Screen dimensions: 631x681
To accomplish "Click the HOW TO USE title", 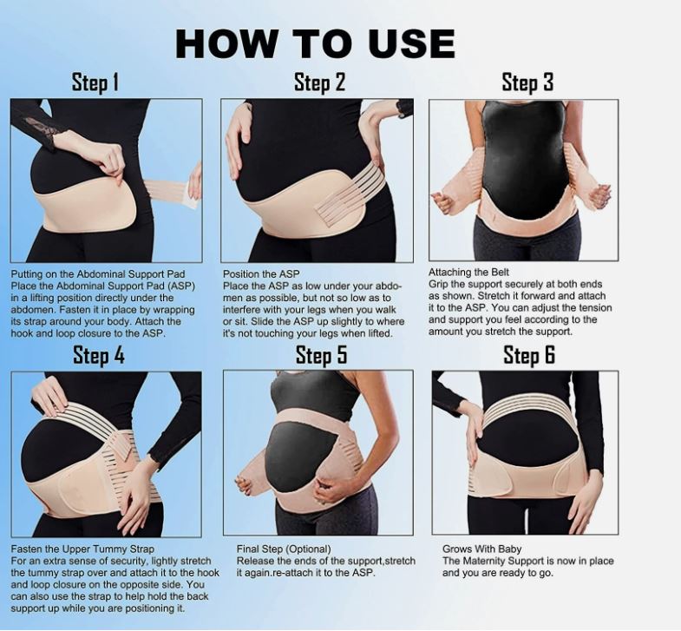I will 315,43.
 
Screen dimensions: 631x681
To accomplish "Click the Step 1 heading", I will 95,83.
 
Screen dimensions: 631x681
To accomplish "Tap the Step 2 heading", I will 319,83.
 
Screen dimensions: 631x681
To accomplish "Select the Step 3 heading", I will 527,83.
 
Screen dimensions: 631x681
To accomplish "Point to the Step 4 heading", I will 99,356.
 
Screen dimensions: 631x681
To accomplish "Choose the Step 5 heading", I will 321,356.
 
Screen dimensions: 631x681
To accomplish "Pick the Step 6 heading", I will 529,356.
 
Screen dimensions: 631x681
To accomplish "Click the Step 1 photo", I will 106,180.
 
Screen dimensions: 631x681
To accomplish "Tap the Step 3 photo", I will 524,181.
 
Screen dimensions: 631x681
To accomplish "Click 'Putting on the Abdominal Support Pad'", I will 98,273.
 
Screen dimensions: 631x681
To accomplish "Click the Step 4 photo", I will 106,452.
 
